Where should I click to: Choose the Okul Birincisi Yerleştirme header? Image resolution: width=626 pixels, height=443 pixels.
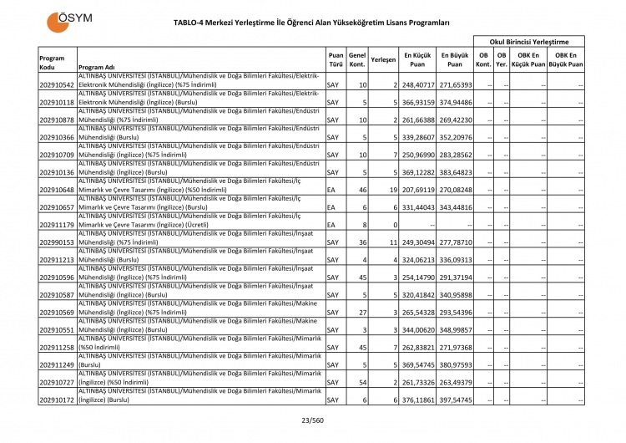[x=528, y=41]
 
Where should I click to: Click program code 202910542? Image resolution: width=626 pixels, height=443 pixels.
[x=57, y=84]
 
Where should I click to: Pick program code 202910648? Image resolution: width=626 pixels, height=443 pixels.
[x=57, y=190]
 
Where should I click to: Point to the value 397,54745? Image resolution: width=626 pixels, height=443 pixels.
[x=456, y=400]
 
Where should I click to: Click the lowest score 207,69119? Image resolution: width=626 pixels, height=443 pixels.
[x=417, y=190]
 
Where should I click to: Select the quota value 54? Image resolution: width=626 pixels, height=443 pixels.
[x=362, y=383]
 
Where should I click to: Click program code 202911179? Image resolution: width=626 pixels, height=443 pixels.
[x=57, y=225]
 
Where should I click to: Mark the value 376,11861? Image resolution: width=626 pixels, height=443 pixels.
[x=417, y=400]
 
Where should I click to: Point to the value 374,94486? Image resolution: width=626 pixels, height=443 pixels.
[x=456, y=102]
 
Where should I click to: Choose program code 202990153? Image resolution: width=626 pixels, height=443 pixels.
[x=57, y=242]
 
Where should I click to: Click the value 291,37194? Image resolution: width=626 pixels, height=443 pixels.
[x=456, y=278]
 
